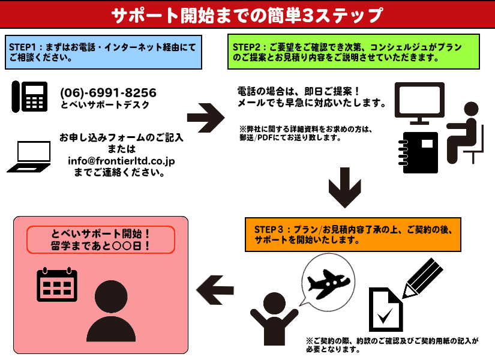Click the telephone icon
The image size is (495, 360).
(x=29, y=97)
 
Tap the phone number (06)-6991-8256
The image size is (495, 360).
(x=108, y=92)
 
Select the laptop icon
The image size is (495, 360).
(x=29, y=157)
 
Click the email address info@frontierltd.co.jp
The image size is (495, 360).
(x=121, y=161)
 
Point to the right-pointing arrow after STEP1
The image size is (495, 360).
(x=206, y=118)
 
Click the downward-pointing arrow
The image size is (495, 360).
(x=345, y=188)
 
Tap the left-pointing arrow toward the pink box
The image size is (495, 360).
(x=215, y=290)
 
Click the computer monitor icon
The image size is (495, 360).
(x=419, y=103)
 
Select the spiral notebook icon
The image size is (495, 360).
(x=419, y=152)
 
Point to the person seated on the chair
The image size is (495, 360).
(x=464, y=133)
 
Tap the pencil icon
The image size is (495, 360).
(x=423, y=278)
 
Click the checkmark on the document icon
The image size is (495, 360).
(x=385, y=315)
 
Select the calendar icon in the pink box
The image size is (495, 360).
(x=57, y=284)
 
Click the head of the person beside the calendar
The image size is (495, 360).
(x=111, y=297)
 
